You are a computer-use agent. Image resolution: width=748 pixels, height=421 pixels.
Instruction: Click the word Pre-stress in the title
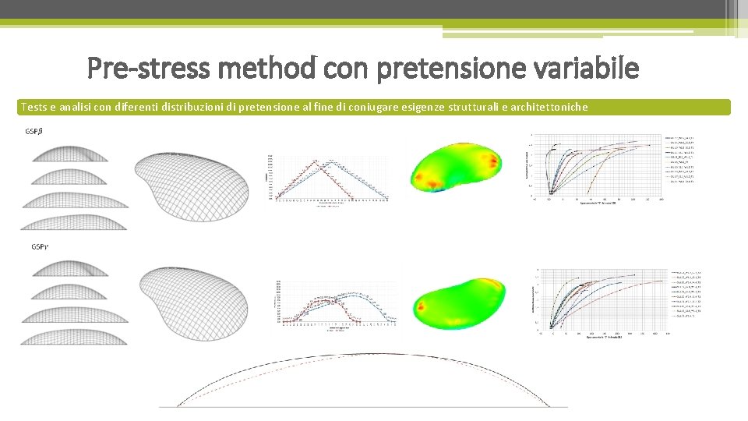pos(148,69)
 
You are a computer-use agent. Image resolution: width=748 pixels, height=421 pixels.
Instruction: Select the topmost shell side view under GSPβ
pos(69,151)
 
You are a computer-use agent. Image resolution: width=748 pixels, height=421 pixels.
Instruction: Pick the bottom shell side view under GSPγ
pos(74,336)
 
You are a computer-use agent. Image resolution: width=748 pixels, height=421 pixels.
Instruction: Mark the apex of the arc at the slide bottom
pos(362,354)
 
